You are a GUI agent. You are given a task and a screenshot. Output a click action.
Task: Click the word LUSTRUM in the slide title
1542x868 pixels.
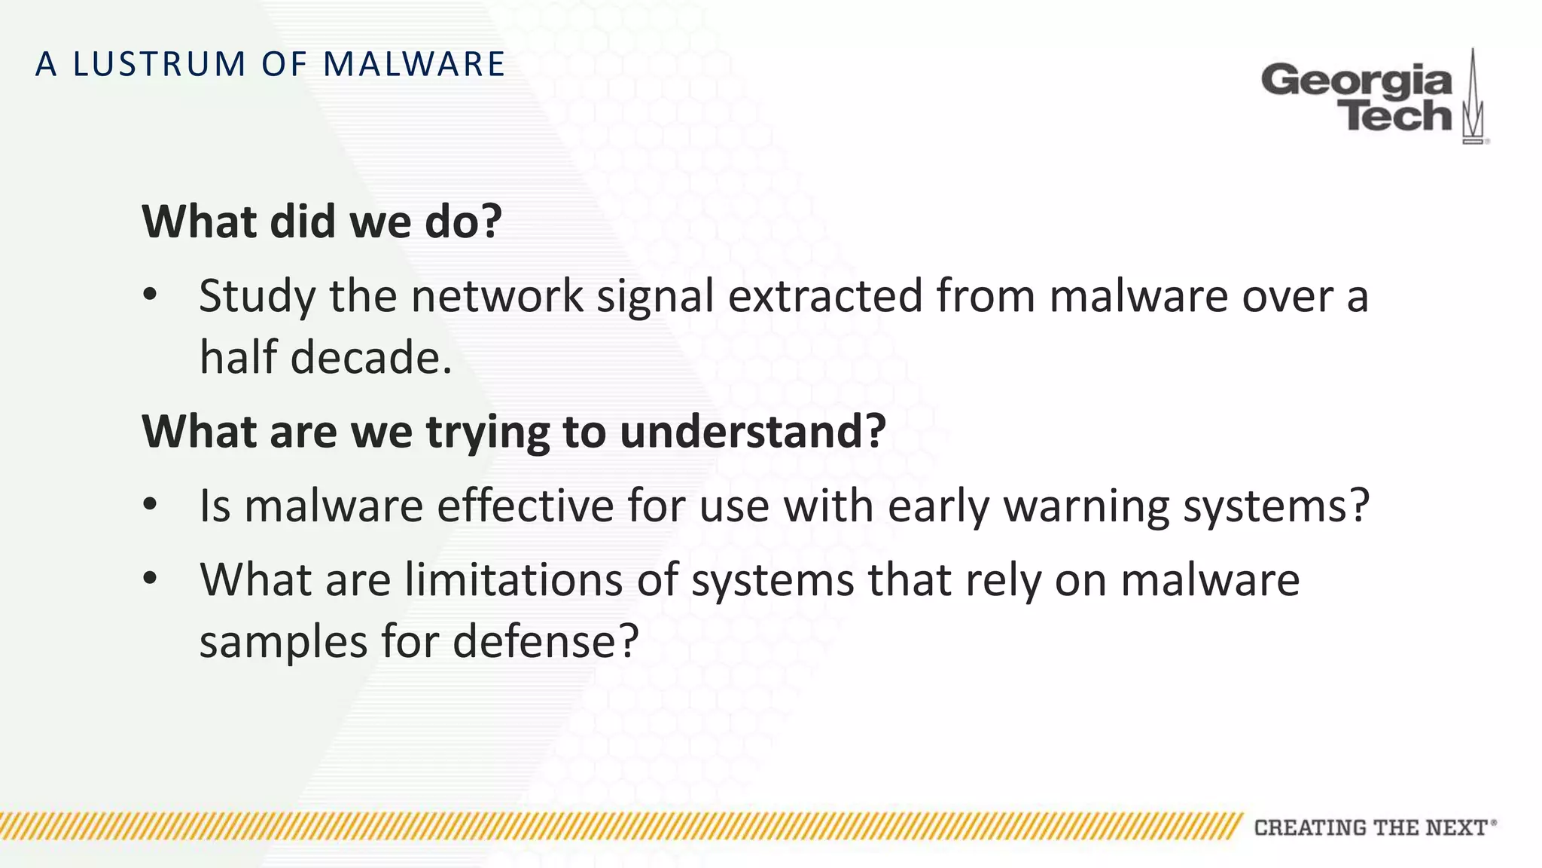pyautogui.click(x=160, y=64)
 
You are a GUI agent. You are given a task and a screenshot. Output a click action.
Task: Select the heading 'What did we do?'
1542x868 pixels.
pyautogui.click(x=322, y=222)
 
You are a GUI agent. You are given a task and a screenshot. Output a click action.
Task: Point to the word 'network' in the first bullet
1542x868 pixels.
pyautogui.click(x=496, y=295)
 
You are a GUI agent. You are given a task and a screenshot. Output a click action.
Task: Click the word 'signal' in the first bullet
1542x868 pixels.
pyautogui.click(x=655, y=295)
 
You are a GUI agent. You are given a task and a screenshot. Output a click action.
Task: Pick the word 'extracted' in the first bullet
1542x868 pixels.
pyautogui.click(x=825, y=295)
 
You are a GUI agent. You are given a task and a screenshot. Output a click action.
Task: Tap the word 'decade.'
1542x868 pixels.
pyautogui.click(x=371, y=357)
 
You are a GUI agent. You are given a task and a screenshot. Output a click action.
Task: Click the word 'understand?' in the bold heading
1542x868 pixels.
pyautogui.click(x=752, y=431)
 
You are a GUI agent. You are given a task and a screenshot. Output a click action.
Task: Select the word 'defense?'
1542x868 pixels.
pyautogui.click(x=546, y=642)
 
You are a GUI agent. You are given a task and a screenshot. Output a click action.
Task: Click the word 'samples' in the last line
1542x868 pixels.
pyautogui.click(x=283, y=642)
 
